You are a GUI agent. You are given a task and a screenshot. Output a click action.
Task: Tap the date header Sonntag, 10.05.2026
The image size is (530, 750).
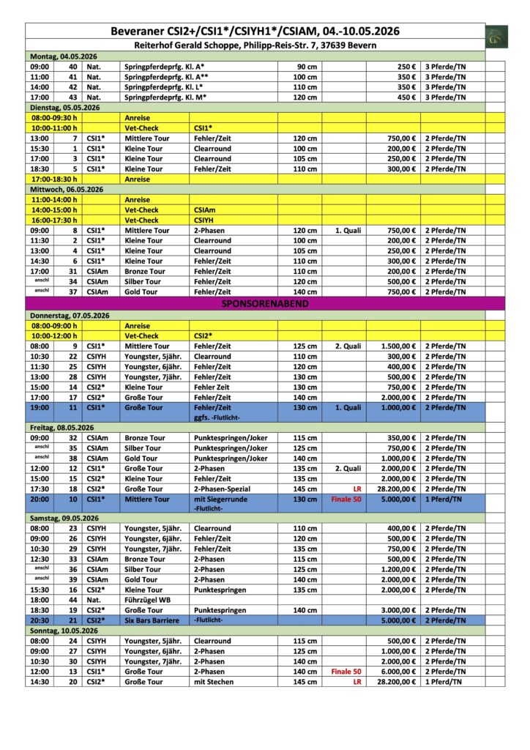64,631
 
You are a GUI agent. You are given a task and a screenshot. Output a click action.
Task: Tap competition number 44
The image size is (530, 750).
73,600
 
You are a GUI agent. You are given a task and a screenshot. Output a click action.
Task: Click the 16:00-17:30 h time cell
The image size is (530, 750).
54,220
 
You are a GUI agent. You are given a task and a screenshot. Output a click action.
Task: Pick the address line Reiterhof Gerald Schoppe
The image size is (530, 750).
255,45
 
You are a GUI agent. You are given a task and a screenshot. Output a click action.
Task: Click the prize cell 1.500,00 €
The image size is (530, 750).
399,346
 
